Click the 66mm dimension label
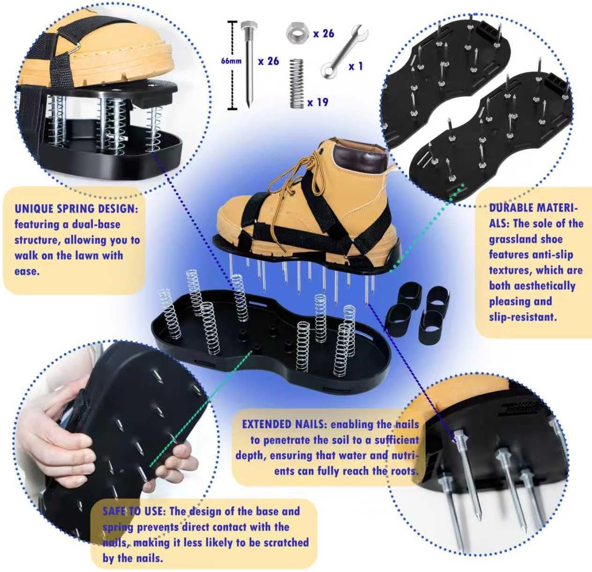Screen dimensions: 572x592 tap(232, 61)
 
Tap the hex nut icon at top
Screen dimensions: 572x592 tap(297, 33)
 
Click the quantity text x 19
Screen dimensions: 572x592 tap(318, 102)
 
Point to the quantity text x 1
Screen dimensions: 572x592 tap(356, 67)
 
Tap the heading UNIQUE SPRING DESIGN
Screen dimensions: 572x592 tap(76, 209)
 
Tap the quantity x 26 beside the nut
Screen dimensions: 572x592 tap(323, 34)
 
